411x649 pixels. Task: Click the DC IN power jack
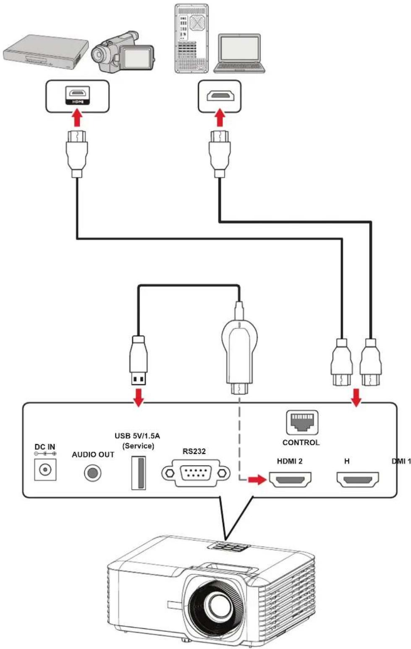pyautogui.click(x=45, y=469)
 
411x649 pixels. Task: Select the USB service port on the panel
pyautogui.click(x=139, y=473)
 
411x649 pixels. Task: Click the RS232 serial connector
pyautogui.click(x=196, y=473)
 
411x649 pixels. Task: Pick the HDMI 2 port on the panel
pyautogui.click(x=290, y=480)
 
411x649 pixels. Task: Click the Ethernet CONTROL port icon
pyautogui.click(x=302, y=423)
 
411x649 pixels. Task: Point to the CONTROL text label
pyautogui.click(x=301, y=442)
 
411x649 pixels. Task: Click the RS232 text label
pyautogui.click(x=194, y=451)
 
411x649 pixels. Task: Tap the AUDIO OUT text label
pyautogui.click(x=93, y=455)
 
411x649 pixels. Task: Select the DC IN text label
pyautogui.click(x=45, y=447)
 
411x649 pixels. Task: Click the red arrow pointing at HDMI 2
pyautogui.click(x=257, y=479)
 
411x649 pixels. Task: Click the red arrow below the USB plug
pyautogui.click(x=139, y=398)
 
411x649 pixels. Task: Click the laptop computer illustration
pyautogui.click(x=239, y=54)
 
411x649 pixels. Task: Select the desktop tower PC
pyautogui.click(x=191, y=38)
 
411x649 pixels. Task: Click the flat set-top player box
pyautogui.click(x=46, y=51)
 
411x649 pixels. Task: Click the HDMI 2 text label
pyautogui.click(x=290, y=461)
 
